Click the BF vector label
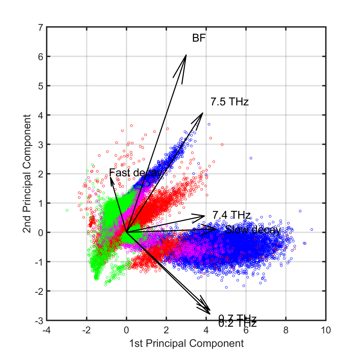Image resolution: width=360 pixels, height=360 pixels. [x=199, y=38]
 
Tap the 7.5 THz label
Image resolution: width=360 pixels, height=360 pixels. [x=229, y=102]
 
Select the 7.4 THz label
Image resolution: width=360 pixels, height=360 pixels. [x=231, y=215]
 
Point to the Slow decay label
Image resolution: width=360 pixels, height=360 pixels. [x=253, y=230]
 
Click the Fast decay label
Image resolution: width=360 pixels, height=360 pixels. [x=135, y=173]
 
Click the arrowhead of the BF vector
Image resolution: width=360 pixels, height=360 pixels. [x=186, y=55]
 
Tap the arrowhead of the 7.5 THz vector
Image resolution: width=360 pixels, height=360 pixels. [x=202, y=113]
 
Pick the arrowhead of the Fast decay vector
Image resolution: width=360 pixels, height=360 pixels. [x=110, y=178]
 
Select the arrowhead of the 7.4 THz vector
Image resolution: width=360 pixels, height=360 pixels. [x=204, y=216]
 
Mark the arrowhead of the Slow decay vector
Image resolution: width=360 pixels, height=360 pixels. [x=216, y=229]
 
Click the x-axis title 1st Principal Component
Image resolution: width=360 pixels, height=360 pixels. [x=187, y=343]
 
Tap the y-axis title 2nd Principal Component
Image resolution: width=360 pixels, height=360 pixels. [x=27, y=174]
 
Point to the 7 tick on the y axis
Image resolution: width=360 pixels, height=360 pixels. [x=41, y=27]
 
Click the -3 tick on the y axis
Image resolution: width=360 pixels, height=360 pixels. [x=39, y=320]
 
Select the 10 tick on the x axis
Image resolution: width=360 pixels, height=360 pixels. [x=326, y=330]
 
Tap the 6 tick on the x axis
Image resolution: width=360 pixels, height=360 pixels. [x=246, y=330]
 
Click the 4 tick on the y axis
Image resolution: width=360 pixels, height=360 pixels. [x=41, y=115]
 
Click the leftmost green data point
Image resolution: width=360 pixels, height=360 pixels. [x=67, y=210]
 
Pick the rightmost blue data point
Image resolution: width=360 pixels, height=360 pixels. [x=312, y=230]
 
